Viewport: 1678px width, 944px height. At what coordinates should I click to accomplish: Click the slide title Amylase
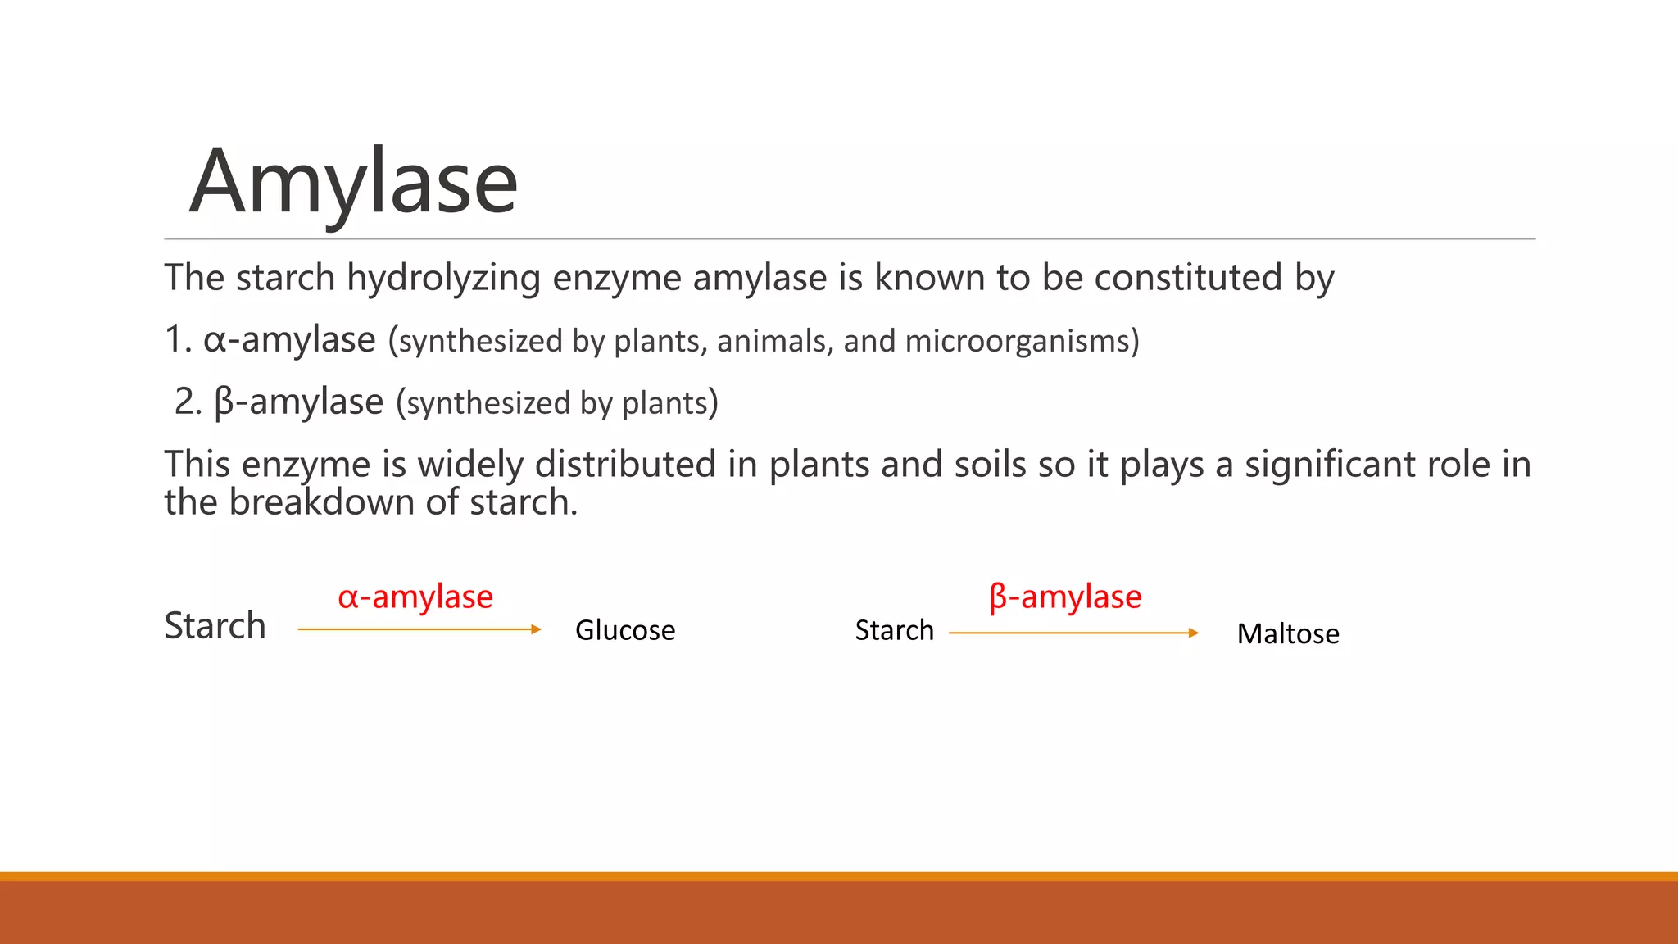pos(353,182)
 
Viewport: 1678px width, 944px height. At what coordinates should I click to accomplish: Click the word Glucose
pos(625,630)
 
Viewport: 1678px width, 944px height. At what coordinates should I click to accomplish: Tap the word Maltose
pos(1288,633)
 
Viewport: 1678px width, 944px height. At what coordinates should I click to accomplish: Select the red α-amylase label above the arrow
pos(415,597)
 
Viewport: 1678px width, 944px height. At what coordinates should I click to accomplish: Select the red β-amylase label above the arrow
pos(1065,597)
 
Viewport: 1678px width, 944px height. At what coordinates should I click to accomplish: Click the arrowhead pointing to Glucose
pos(537,629)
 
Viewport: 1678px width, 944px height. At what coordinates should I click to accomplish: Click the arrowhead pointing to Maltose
pos(1194,633)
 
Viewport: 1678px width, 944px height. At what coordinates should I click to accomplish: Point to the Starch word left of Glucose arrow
pos(215,626)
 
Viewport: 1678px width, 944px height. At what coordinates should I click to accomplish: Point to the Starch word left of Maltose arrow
pos(894,630)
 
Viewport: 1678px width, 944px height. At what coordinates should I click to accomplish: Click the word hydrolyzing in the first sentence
pos(442,279)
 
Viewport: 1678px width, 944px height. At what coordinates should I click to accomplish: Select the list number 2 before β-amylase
pos(186,402)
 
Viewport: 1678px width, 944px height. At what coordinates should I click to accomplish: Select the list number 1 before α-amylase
pos(175,339)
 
